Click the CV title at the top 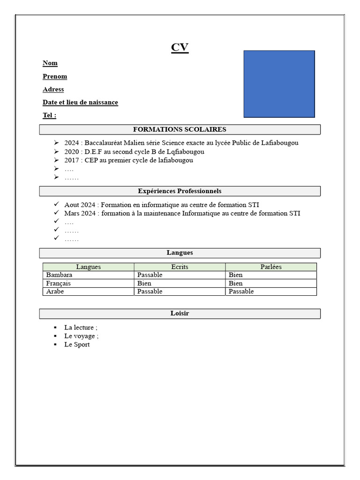pyautogui.click(x=180, y=48)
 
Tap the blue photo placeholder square pyautogui.click(x=279, y=84)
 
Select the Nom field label pyautogui.click(x=50, y=63)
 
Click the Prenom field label pyautogui.click(x=55, y=76)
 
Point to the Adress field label pyautogui.click(x=53, y=90)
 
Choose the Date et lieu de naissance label pyautogui.click(x=80, y=103)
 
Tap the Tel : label pyautogui.click(x=49, y=115)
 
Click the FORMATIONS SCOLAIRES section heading pyautogui.click(x=180, y=129)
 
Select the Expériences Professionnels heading pyautogui.click(x=180, y=191)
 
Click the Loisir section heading pyautogui.click(x=180, y=314)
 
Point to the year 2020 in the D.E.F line pyautogui.click(x=72, y=152)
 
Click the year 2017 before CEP pyautogui.click(x=72, y=160)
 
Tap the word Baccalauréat pyautogui.click(x=103, y=143)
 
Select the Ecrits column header pyautogui.click(x=180, y=267)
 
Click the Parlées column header pyautogui.click(x=271, y=267)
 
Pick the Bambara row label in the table pyautogui.click(x=60, y=275)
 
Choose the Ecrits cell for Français pyautogui.click(x=144, y=284)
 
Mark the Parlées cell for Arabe pyautogui.click(x=241, y=292)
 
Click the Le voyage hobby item pyautogui.click(x=81, y=336)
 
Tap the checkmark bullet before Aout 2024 pyautogui.click(x=56, y=205)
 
